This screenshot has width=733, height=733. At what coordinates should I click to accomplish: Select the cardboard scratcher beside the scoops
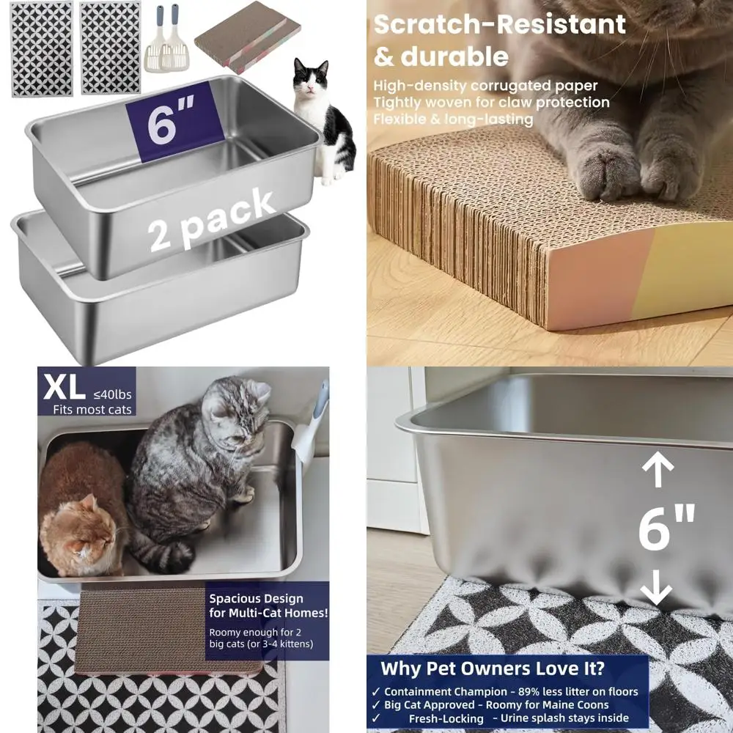[x=248, y=32]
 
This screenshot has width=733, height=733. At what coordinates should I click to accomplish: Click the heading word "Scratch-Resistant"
[x=500, y=23]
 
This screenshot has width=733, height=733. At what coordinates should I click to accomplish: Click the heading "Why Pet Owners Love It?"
[x=493, y=668]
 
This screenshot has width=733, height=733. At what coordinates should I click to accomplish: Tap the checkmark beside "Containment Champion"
[x=375, y=691]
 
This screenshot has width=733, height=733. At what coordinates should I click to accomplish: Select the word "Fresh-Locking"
[x=446, y=719]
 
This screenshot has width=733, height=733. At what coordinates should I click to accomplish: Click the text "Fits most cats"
[x=92, y=409]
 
